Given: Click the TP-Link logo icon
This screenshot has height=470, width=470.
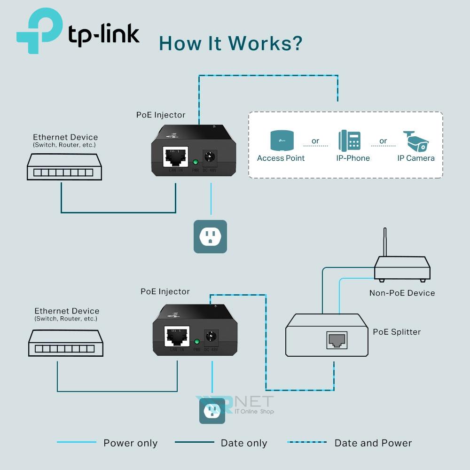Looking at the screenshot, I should [x=40, y=31].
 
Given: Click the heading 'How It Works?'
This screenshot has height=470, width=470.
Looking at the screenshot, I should [x=230, y=43].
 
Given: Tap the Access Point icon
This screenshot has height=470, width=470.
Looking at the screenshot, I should [x=281, y=140].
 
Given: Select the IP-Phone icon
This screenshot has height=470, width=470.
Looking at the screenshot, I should [x=350, y=141].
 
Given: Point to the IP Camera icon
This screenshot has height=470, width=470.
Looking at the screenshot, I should [x=416, y=141].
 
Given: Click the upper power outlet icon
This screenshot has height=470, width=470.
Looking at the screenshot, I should [x=210, y=236].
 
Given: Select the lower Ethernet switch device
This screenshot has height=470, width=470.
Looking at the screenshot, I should [x=65, y=343].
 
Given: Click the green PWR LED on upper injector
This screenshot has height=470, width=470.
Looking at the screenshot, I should [x=196, y=163].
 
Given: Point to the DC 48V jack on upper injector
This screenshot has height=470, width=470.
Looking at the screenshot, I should [x=210, y=157].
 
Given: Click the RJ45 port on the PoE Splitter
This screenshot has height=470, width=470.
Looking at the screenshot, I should [x=337, y=340].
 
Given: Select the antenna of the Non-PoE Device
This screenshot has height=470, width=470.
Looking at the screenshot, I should [x=385, y=243].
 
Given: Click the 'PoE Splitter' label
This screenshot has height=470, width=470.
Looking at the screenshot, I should [x=397, y=332].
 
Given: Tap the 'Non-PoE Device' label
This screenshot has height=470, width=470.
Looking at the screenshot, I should [x=402, y=293].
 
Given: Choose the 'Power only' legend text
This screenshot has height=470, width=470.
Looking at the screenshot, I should [x=130, y=443].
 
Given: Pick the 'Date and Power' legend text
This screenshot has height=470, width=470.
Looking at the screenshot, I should [x=373, y=443].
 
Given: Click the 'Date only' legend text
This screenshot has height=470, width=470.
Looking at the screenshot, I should [x=243, y=443].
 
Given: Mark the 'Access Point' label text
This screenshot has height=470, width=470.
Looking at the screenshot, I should [x=281, y=158].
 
